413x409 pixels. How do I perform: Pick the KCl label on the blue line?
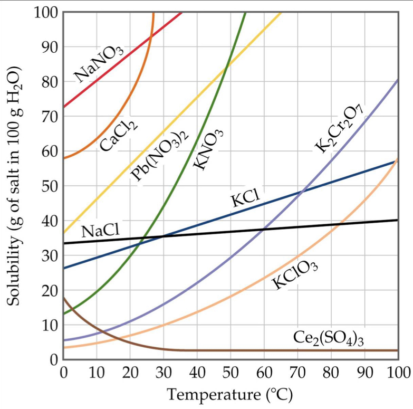pos(245,199)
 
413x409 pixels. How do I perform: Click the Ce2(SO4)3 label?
pos(328,338)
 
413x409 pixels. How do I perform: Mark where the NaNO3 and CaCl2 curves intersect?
pos(150,35)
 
